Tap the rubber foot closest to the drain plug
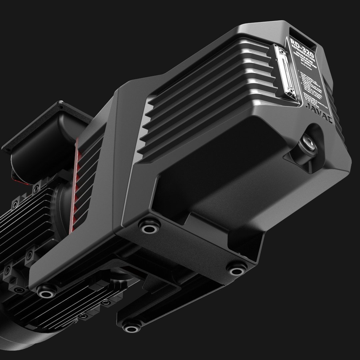(x=236, y=268)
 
